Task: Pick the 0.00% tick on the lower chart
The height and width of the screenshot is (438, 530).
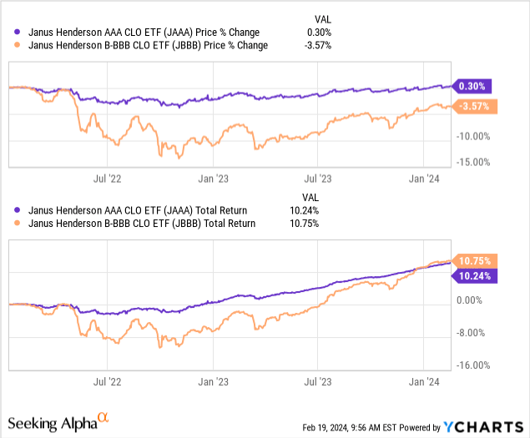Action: click(x=473, y=300)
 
